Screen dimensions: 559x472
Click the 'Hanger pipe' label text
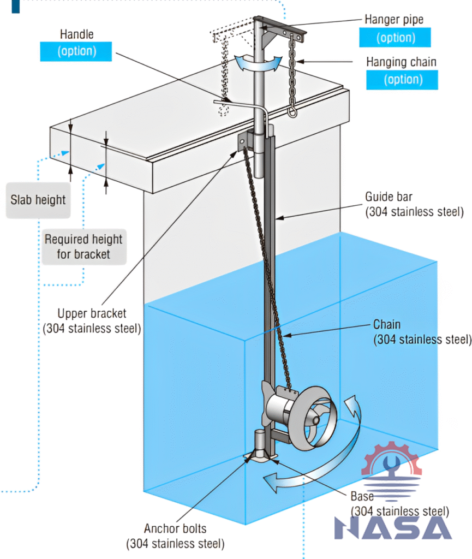click(x=393, y=20)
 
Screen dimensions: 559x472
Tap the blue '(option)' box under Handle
click(x=76, y=51)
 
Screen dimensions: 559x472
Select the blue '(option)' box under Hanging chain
click(x=403, y=80)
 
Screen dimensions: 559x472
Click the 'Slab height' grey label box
click(x=38, y=200)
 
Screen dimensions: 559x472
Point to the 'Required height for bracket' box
click(x=83, y=246)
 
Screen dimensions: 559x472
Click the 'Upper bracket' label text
click(x=92, y=314)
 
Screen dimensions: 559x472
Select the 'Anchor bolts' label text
click(x=175, y=528)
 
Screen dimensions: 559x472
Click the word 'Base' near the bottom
click(x=362, y=496)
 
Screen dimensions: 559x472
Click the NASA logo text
click(x=393, y=527)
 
